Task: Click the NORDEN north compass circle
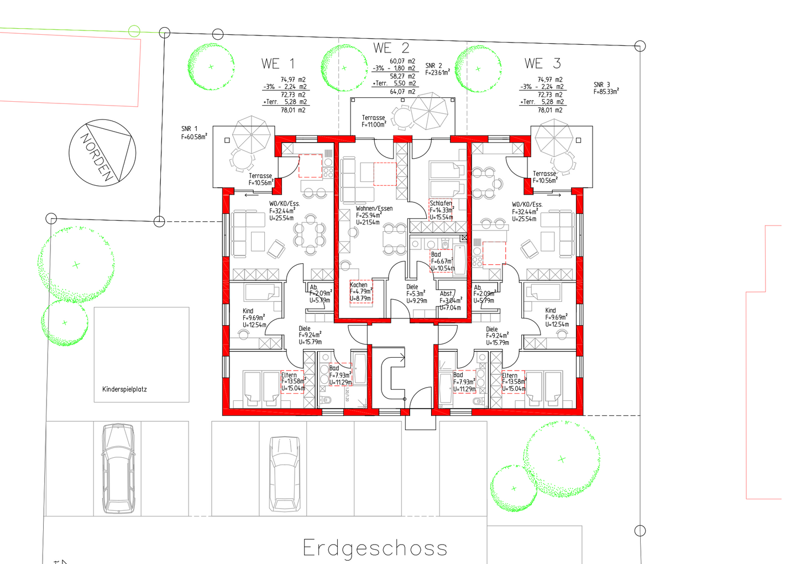click(x=102, y=153)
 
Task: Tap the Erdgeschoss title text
click(x=375, y=548)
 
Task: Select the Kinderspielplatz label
click(x=124, y=389)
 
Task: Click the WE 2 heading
click(x=391, y=48)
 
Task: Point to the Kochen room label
click(x=359, y=285)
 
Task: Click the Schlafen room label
click(x=441, y=203)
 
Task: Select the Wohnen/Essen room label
click(x=374, y=208)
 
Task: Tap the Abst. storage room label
click(x=447, y=294)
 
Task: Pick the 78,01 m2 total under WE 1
click(x=293, y=110)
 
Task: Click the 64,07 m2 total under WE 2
click(x=402, y=92)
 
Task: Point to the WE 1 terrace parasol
click(x=252, y=133)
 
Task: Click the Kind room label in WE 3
click(x=551, y=311)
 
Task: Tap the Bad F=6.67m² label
click(x=437, y=255)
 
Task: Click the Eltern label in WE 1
click(x=289, y=375)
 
